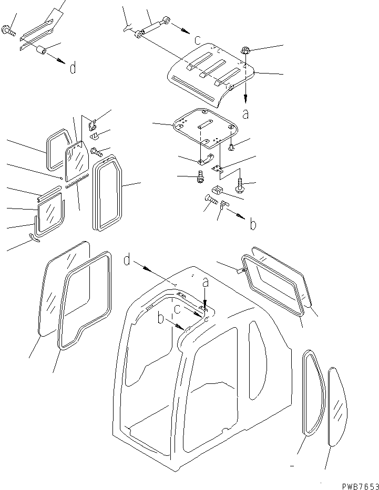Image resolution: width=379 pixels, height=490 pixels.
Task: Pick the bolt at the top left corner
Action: (8, 31)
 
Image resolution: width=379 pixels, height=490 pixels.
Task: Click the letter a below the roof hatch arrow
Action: (245, 113)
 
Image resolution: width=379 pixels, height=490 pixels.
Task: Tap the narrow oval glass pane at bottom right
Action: (336, 407)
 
